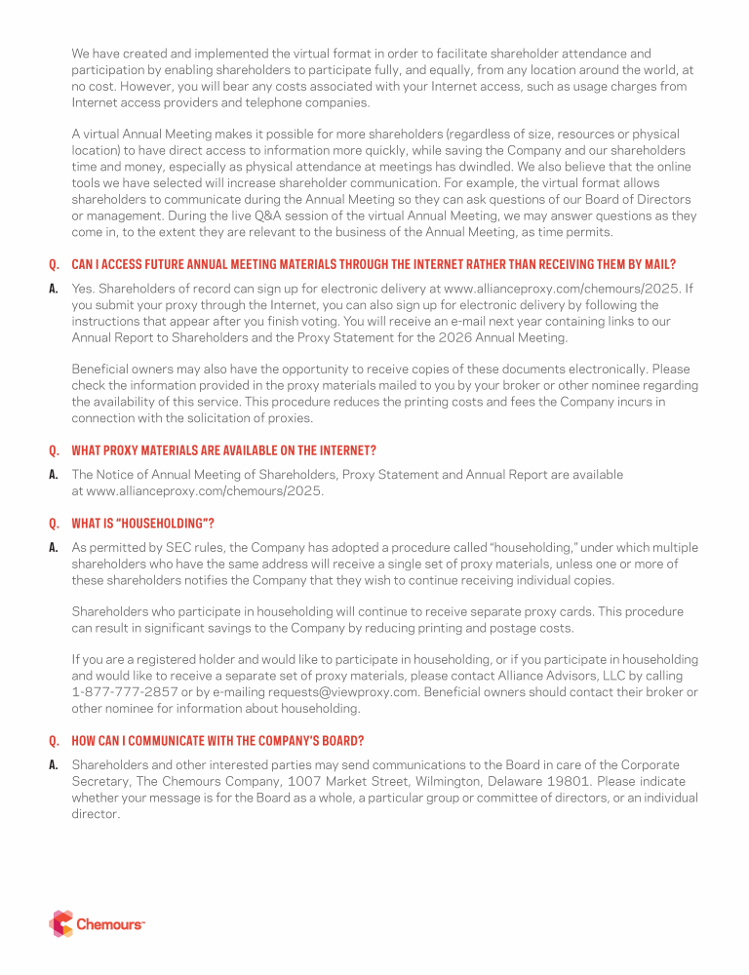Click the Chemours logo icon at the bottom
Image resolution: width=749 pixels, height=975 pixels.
point(60,922)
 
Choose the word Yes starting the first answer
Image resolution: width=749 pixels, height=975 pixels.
point(84,289)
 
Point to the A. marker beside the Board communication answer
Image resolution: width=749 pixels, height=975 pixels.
point(54,765)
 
